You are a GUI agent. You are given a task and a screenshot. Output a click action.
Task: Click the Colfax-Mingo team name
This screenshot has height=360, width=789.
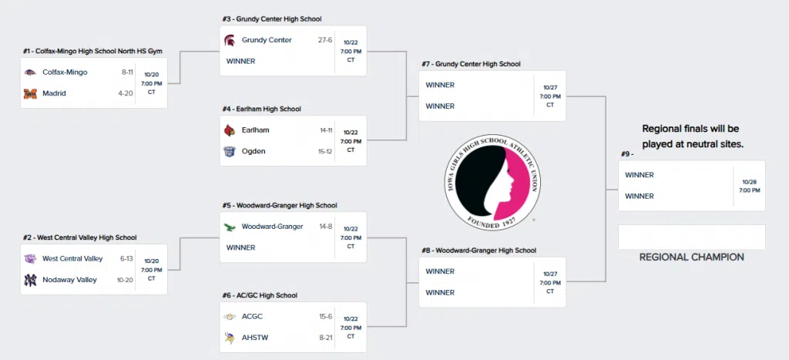pos(65,72)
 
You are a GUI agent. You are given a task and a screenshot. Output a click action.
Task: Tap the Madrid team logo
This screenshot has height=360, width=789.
pos(30,93)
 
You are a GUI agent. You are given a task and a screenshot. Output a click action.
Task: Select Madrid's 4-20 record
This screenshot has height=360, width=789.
pos(126,93)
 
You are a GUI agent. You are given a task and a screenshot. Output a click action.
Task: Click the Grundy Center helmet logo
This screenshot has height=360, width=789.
pos(229,40)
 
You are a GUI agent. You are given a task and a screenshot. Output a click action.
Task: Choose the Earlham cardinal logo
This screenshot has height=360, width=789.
pos(229,130)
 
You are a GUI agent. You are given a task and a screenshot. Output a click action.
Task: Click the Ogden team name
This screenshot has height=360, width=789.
pos(253,151)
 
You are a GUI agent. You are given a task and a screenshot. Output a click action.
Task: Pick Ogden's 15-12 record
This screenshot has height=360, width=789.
pos(325,151)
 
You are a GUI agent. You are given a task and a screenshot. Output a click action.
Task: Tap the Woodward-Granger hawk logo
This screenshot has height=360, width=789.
pos(229,227)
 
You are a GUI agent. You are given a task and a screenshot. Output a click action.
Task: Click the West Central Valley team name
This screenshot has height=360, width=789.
pos(72,259)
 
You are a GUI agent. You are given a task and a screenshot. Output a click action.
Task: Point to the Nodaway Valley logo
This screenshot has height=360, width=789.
pos(30,280)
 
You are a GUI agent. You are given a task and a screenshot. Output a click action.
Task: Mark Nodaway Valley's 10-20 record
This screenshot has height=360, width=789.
pos(125,280)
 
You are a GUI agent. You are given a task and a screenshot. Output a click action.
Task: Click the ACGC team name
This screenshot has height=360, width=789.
pos(252,317)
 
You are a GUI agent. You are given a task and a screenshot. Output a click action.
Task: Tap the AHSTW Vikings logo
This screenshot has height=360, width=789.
pos(229,338)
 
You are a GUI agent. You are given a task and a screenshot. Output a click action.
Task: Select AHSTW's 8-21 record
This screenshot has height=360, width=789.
pos(325,338)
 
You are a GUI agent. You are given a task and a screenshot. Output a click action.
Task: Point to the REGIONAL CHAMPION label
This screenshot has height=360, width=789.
pos(692,257)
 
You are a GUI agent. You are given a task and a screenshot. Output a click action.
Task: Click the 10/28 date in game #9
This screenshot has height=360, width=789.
pos(749,181)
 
